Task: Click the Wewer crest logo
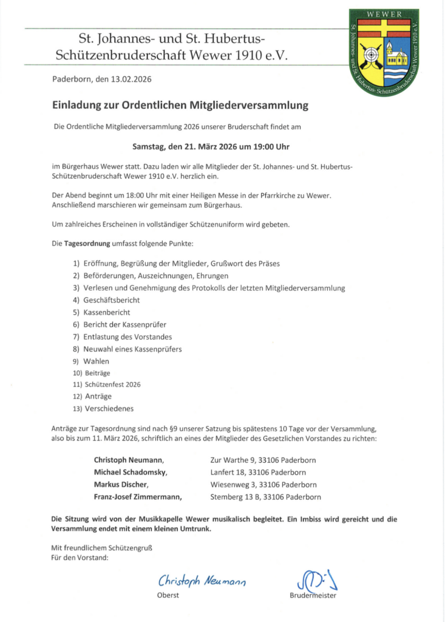click(383, 52)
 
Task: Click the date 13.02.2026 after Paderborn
click(131, 80)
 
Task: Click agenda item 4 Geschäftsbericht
click(112, 300)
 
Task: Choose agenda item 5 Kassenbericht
click(107, 312)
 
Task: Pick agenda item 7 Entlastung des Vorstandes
click(128, 337)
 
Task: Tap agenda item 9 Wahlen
click(97, 361)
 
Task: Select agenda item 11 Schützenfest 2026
click(112, 384)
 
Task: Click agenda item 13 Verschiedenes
click(109, 408)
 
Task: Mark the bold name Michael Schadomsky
click(130, 472)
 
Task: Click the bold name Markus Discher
click(121, 485)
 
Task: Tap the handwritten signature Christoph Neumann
click(202, 581)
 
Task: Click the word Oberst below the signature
click(168, 595)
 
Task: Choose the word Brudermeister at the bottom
click(313, 595)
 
